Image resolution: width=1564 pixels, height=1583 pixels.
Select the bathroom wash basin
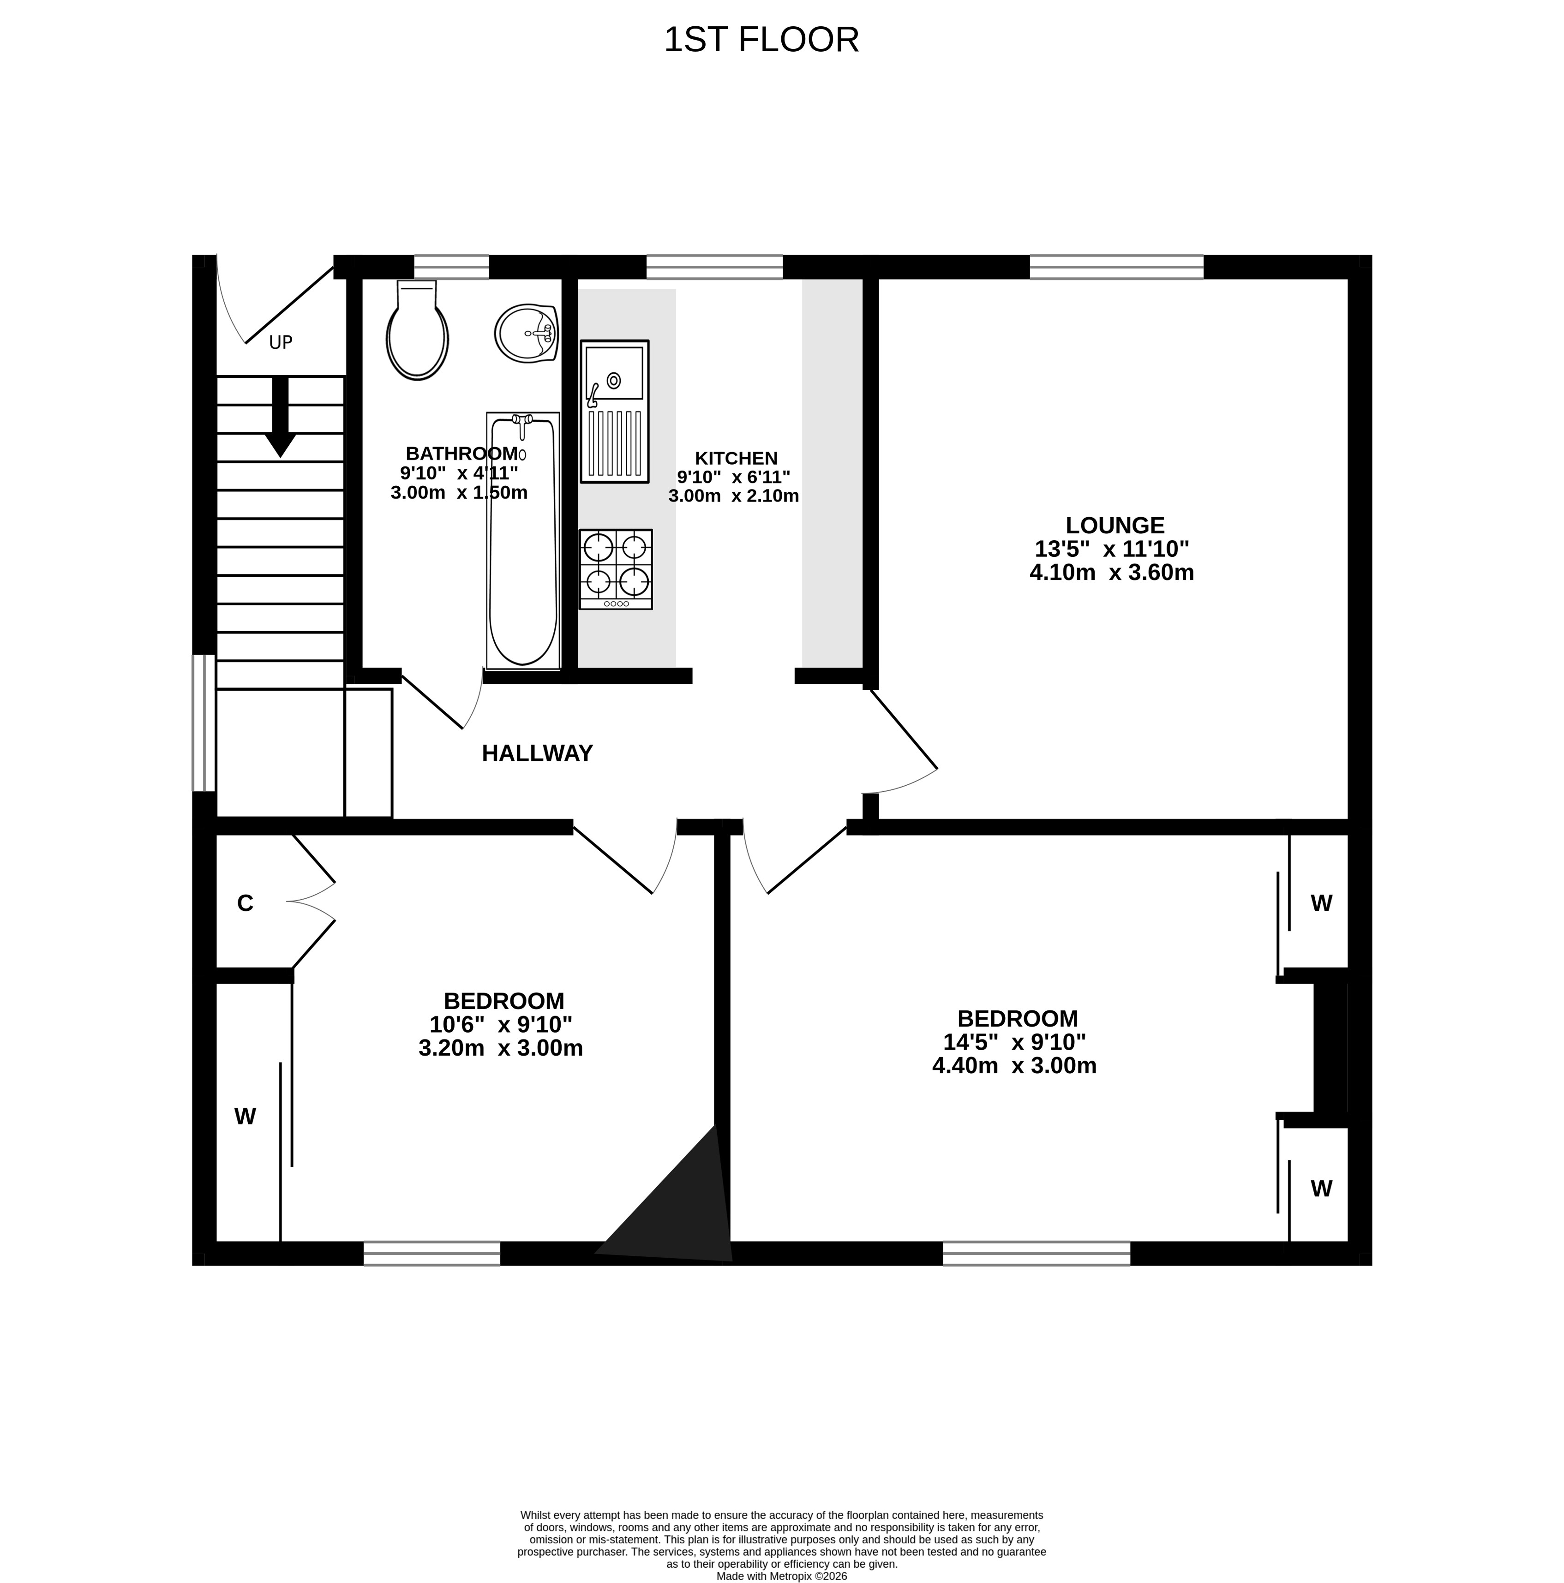click(x=527, y=333)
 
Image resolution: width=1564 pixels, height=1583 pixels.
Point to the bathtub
click(x=523, y=541)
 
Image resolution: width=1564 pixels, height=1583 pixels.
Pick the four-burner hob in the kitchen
click(x=616, y=568)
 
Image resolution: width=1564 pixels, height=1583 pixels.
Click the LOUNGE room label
click(x=1115, y=525)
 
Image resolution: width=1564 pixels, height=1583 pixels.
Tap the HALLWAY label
click(x=537, y=753)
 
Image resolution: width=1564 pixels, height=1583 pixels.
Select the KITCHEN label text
click(x=736, y=458)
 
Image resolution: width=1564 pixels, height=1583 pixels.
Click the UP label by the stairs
click(x=280, y=342)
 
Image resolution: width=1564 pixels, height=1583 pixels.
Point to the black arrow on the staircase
click(x=280, y=416)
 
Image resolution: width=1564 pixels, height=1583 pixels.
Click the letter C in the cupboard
click(x=245, y=903)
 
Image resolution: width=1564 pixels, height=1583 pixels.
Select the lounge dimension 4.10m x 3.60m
click(x=1112, y=572)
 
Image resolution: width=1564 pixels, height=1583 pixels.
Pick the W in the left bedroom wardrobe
click(x=245, y=1116)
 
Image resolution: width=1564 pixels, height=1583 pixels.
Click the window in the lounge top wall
click(x=1116, y=267)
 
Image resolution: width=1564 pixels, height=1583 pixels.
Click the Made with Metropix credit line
click(x=781, y=1576)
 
